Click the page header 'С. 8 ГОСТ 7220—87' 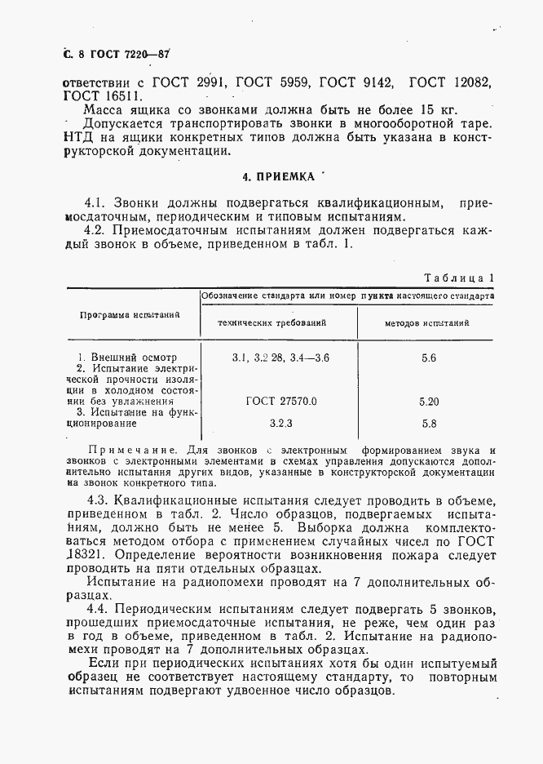(x=110, y=54)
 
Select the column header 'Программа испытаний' (x=130, y=314)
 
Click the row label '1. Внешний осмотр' (x=126, y=358)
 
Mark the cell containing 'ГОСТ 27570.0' (x=280, y=401)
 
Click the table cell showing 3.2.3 (x=280, y=423)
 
